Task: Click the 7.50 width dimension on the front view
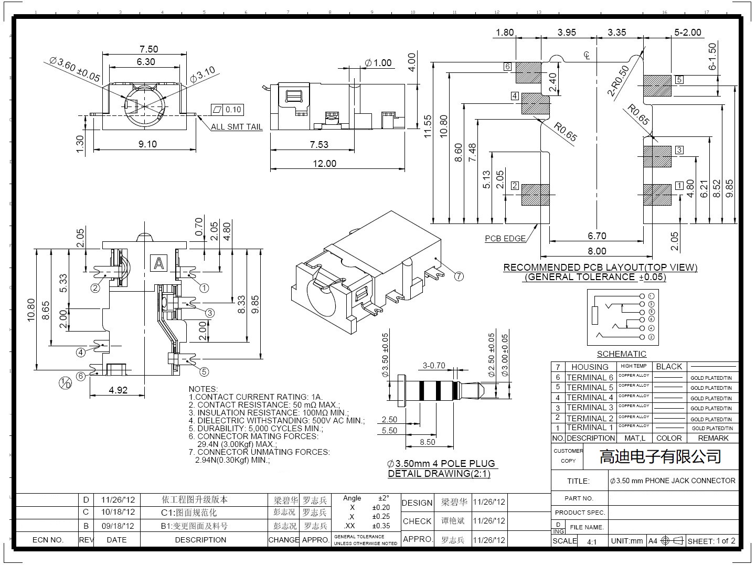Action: point(148,49)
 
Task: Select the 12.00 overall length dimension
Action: point(324,163)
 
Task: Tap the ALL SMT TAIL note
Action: point(237,126)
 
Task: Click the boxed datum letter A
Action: point(158,262)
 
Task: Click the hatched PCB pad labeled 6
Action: point(528,73)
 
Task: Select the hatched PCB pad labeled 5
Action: point(657,86)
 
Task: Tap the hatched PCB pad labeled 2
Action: point(535,195)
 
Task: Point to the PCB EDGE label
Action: point(505,239)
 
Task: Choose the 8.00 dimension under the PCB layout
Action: point(597,251)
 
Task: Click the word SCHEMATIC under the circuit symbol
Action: point(621,354)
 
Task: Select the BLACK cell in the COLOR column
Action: point(669,367)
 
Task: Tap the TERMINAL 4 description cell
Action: point(590,398)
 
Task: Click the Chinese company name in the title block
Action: point(660,456)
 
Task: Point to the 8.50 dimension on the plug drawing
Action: point(427,442)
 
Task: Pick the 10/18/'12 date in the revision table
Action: point(118,512)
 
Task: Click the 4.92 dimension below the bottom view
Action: point(118,390)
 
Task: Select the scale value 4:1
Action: point(592,541)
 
